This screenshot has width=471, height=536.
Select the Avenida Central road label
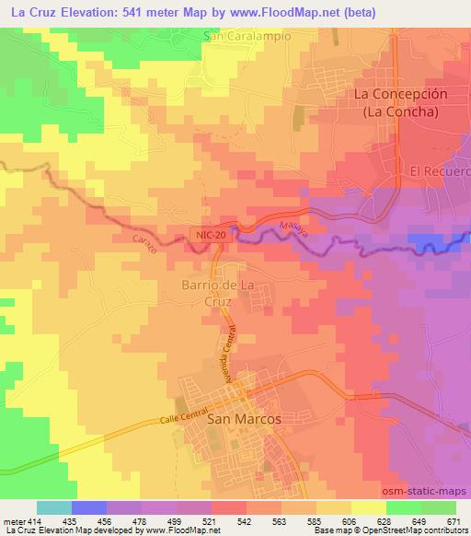pyautogui.click(x=226, y=354)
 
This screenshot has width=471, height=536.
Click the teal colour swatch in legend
pyautogui.click(x=54, y=507)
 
